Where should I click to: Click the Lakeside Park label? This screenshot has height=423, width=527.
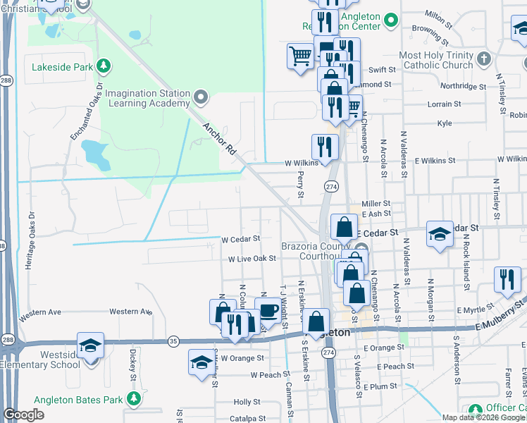point(62,68)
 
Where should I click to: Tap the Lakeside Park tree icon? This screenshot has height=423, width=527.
point(104,66)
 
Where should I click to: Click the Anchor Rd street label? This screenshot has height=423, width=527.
point(218,139)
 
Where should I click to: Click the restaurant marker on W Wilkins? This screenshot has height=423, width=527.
point(325,147)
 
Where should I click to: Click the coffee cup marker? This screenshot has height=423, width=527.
point(268,310)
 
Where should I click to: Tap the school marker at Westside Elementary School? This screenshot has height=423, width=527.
point(91,345)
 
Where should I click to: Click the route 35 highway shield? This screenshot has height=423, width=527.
point(173,341)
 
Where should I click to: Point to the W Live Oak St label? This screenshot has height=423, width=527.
point(252,259)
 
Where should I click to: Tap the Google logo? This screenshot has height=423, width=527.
point(24,415)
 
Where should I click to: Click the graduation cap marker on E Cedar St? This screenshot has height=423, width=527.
point(440,235)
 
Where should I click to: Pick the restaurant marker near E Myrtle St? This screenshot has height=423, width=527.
point(507,279)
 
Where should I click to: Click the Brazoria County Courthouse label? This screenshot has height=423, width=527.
point(316,252)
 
